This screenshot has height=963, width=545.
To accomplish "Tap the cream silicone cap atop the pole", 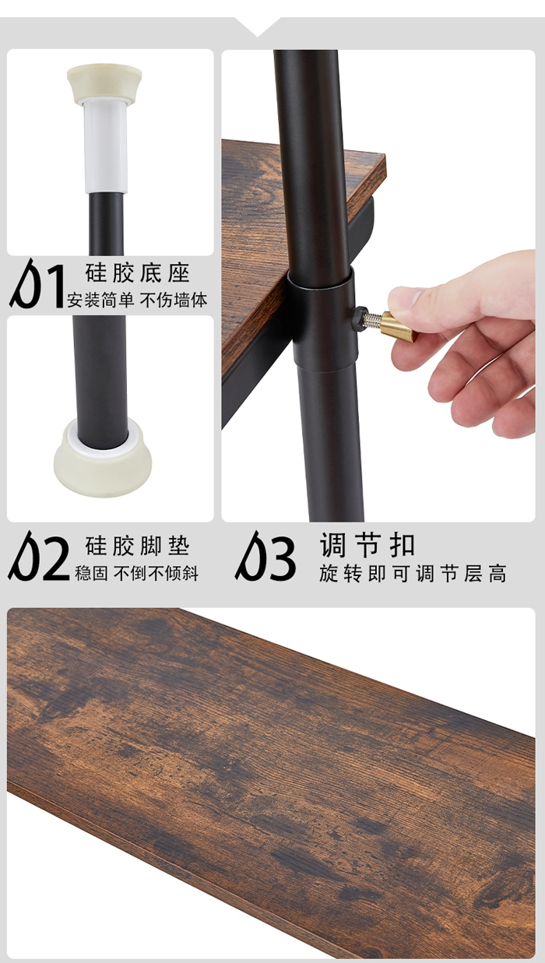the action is tap(104, 84).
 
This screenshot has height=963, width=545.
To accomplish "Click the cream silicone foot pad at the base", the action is tap(102, 454).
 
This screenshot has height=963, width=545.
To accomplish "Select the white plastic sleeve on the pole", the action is tap(106, 145).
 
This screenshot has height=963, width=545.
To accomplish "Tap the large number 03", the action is tap(265, 556).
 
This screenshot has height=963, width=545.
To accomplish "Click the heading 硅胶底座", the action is tap(138, 273).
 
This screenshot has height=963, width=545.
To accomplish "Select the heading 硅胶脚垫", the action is tap(138, 546).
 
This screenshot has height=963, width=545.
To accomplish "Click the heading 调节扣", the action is tap(367, 545).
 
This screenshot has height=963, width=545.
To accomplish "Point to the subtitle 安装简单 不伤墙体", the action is tap(137, 300).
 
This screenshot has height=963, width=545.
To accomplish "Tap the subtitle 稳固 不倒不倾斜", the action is tap(137, 573).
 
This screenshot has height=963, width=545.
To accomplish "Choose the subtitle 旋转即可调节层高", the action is tap(413, 574).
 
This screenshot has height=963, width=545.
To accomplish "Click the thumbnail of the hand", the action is tap(464, 344).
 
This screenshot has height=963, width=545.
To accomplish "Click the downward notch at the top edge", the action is tap(258, 26).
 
